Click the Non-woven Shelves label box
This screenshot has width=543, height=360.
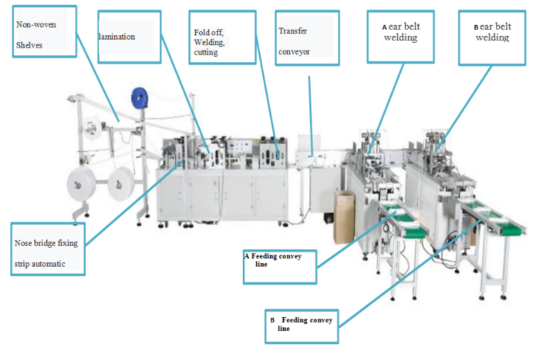tap(42, 35)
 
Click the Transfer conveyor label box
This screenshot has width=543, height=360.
tap(306, 39)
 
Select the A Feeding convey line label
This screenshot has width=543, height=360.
tap(279, 260)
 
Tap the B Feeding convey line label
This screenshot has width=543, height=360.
tap(303, 323)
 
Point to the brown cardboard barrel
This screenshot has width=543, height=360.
tap(344, 216)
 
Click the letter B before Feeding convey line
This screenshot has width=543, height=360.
tap(273, 321)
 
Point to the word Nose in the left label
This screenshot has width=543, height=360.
tap(24, 243)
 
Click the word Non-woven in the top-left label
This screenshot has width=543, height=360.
tap(36, 25)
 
